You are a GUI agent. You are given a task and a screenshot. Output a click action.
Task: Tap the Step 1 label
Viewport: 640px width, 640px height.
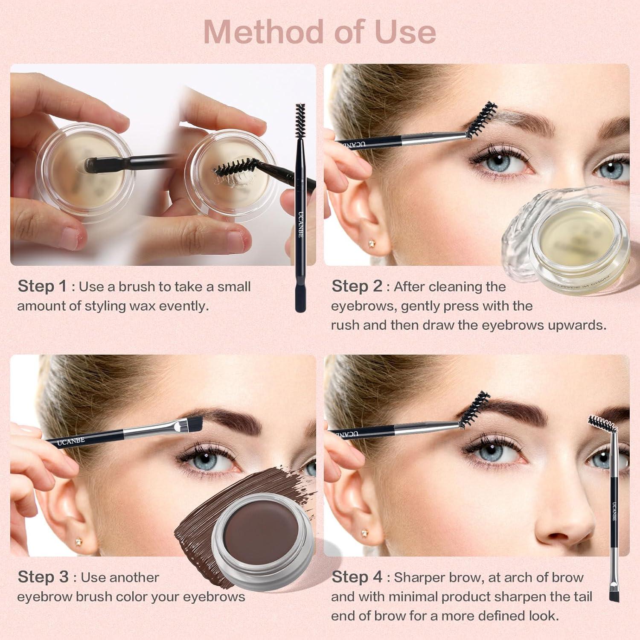pyautogui.click(x=42, y=286)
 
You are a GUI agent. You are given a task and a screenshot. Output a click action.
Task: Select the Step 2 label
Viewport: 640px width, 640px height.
pyautogui.click(x=357, y=286)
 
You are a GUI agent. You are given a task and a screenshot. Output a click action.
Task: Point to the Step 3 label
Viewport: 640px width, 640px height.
pyautogui.click(x=43, y=577)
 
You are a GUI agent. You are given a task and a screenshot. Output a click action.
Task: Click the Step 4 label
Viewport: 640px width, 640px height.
pyautogui.click(x=357, y=577)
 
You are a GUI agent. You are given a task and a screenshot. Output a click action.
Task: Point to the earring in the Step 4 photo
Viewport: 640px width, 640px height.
pyautogui.click(x=364, y=533)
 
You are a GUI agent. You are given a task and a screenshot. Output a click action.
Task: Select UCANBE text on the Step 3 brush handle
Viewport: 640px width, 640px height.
pyautogui.click(x=71, y=441)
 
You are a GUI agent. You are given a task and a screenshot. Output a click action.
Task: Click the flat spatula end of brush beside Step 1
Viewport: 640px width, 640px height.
pyautogui.click(x=300, y=299)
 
